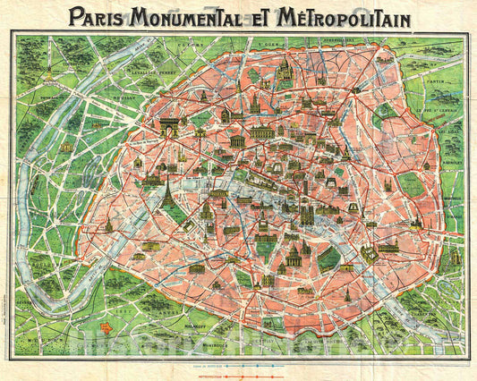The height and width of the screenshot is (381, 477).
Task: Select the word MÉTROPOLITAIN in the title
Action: [x=358, y=16]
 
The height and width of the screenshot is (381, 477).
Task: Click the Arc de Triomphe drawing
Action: [x=166, y=131]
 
